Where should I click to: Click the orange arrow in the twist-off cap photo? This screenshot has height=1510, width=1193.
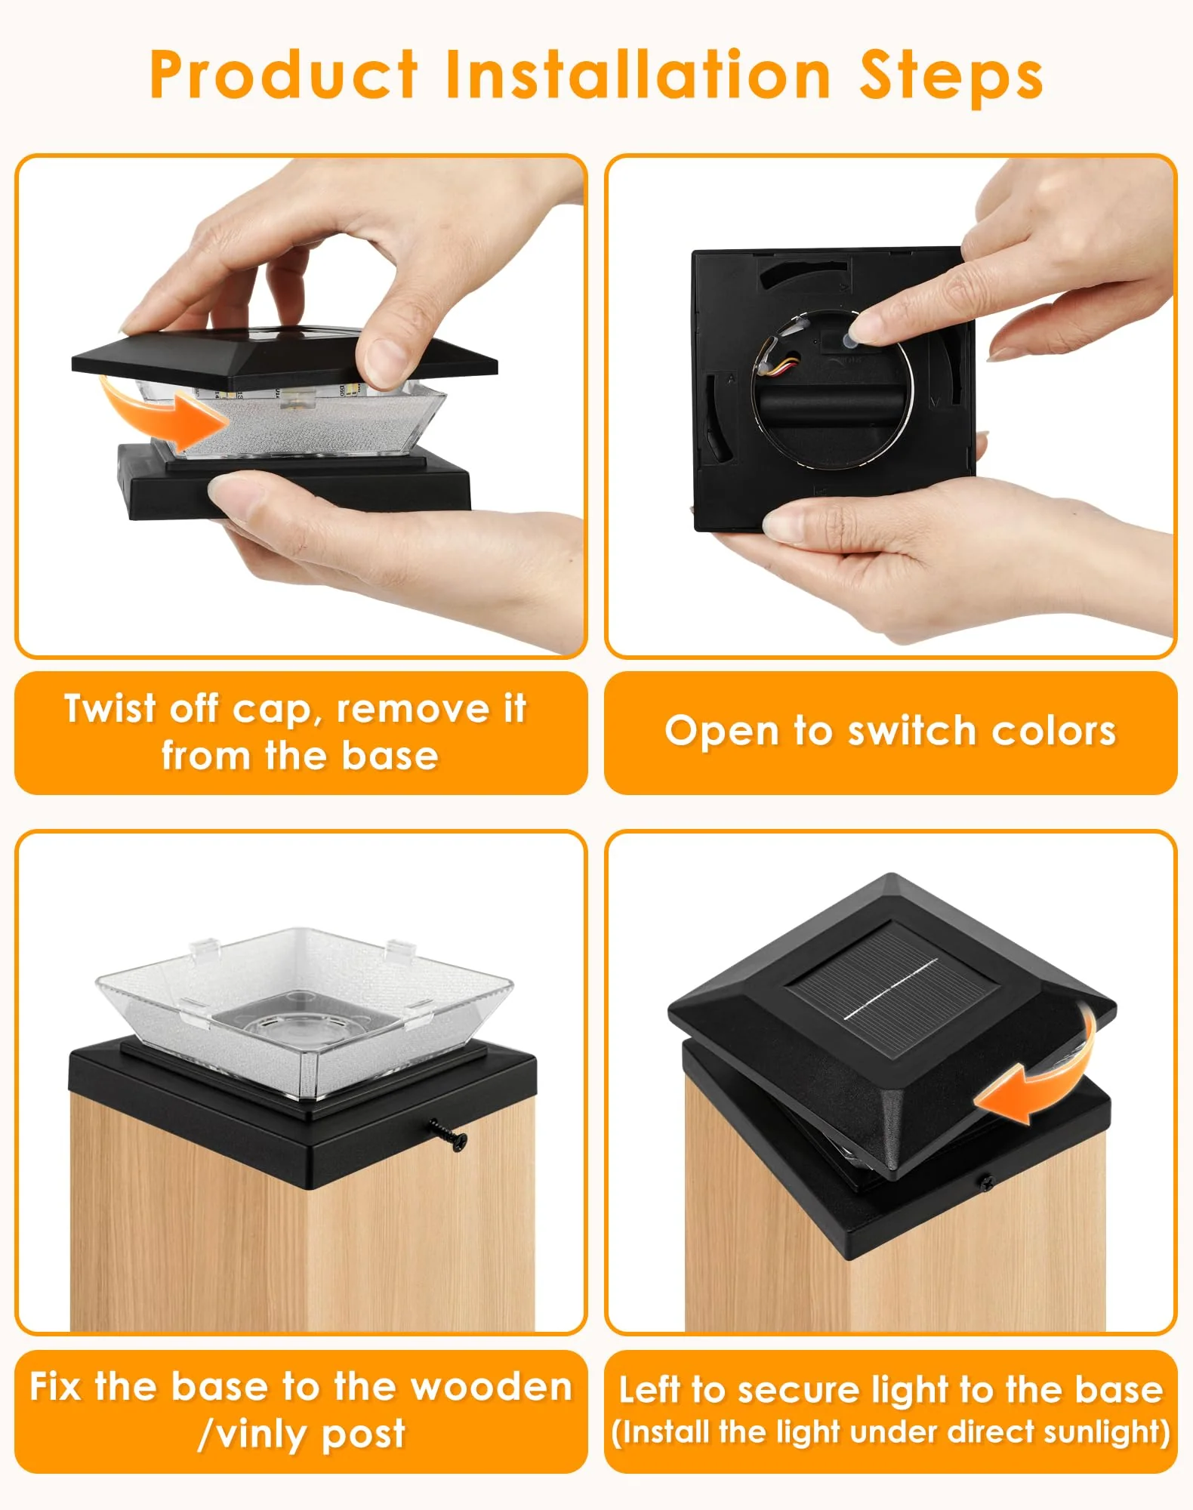pos(162,411)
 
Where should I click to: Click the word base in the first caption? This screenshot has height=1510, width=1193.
pos(390,756)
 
